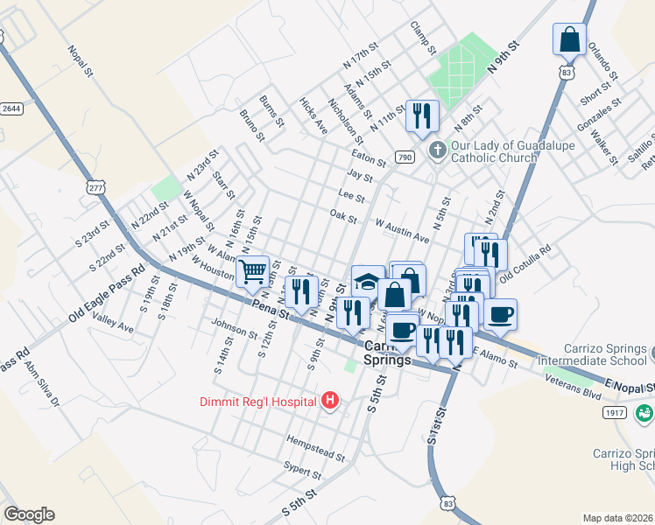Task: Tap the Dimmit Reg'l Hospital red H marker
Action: click(330, 401)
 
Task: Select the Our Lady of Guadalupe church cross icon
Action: click(437, 151)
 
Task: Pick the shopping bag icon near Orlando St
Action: click(569, 39)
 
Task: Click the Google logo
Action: click(29, 514)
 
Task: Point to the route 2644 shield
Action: click(11, 108)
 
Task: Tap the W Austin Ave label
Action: click(402, 231)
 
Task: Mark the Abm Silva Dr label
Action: click(41, 385)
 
